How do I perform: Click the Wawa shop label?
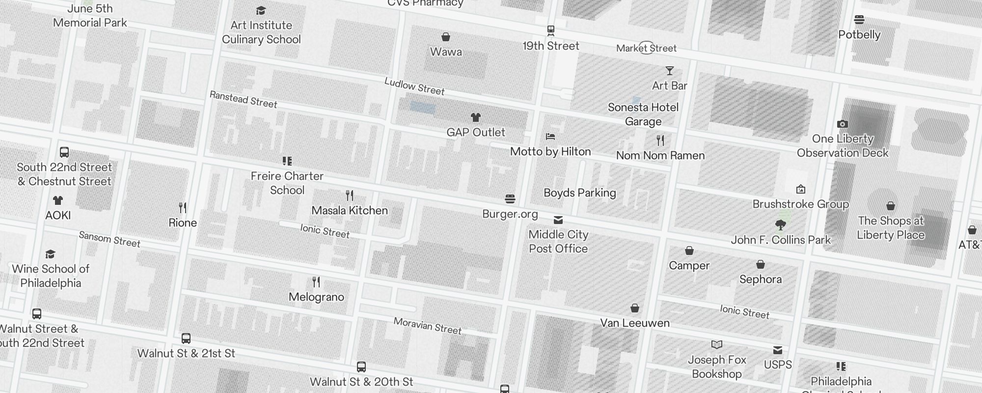pos(446,52)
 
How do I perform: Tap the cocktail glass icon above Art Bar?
pos(669,71)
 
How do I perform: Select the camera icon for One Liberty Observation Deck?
pos(842,124)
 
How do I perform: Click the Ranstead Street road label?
pos(243,99)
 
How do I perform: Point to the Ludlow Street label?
pos(414,86)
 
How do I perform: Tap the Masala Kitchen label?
pos(350,210)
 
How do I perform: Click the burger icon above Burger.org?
pos(510,199)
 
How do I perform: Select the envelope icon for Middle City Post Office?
pos(558,220)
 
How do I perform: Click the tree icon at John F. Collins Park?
pos(780,225)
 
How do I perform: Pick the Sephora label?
pos(760,279)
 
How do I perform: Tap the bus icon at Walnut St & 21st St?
pos(186,338)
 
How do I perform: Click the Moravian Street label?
pos(427,326)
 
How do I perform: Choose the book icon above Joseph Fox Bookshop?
pos(717,345)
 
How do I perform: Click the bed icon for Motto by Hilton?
pos(550,137)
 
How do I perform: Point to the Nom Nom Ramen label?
pos(660,155)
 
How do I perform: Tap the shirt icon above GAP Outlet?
pos(475,117)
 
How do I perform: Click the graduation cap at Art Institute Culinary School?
pos(261,11)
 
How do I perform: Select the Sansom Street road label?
pos(109,239)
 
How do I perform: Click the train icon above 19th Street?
pos(551,30)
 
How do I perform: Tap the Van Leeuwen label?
pos(634,323)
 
